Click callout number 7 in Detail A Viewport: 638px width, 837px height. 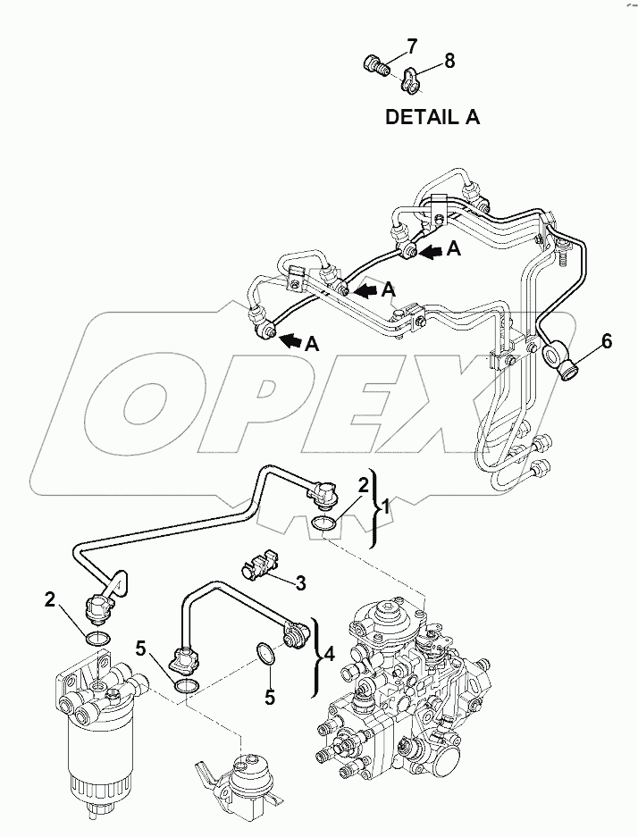click(x=386, y=45)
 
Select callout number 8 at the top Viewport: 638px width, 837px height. click(x=449, y=61)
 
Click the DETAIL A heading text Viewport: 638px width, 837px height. click(x=432, y=117)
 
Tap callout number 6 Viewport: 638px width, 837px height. click(x=607, y=340)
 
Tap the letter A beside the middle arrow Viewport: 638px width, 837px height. click(x=389, y=289)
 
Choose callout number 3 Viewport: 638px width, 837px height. click(x=301, y=583)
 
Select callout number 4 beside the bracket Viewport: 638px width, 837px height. click(x=329, y=654)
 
